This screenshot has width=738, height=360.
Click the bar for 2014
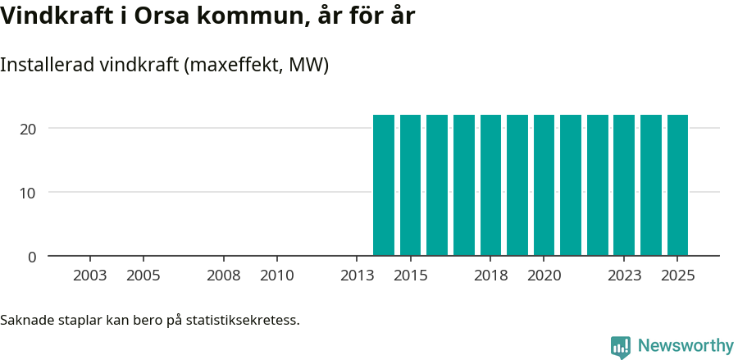tap(384, 185)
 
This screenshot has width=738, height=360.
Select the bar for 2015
tap(410, 185)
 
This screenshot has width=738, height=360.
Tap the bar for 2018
tap(490, 185)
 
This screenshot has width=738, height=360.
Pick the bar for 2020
tap(544, 185)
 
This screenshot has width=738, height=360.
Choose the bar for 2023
tap(624, 185)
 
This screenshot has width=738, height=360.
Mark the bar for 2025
tap(677, 185)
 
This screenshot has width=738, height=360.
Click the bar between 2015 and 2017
tap(437, 185)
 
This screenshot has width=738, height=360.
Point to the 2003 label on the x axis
tap(89, 276)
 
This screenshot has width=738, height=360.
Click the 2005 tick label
tap(143, 276)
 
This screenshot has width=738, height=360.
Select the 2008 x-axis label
tap(223, 276)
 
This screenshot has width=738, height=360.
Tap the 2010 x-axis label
tap(276, 276)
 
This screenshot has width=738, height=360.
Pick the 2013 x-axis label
tap(357, 276)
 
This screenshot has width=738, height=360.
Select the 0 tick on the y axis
tap(32, 257)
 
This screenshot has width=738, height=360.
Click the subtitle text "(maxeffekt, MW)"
tap(257, 65)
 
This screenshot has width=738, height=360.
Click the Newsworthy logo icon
tap(621, 346)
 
